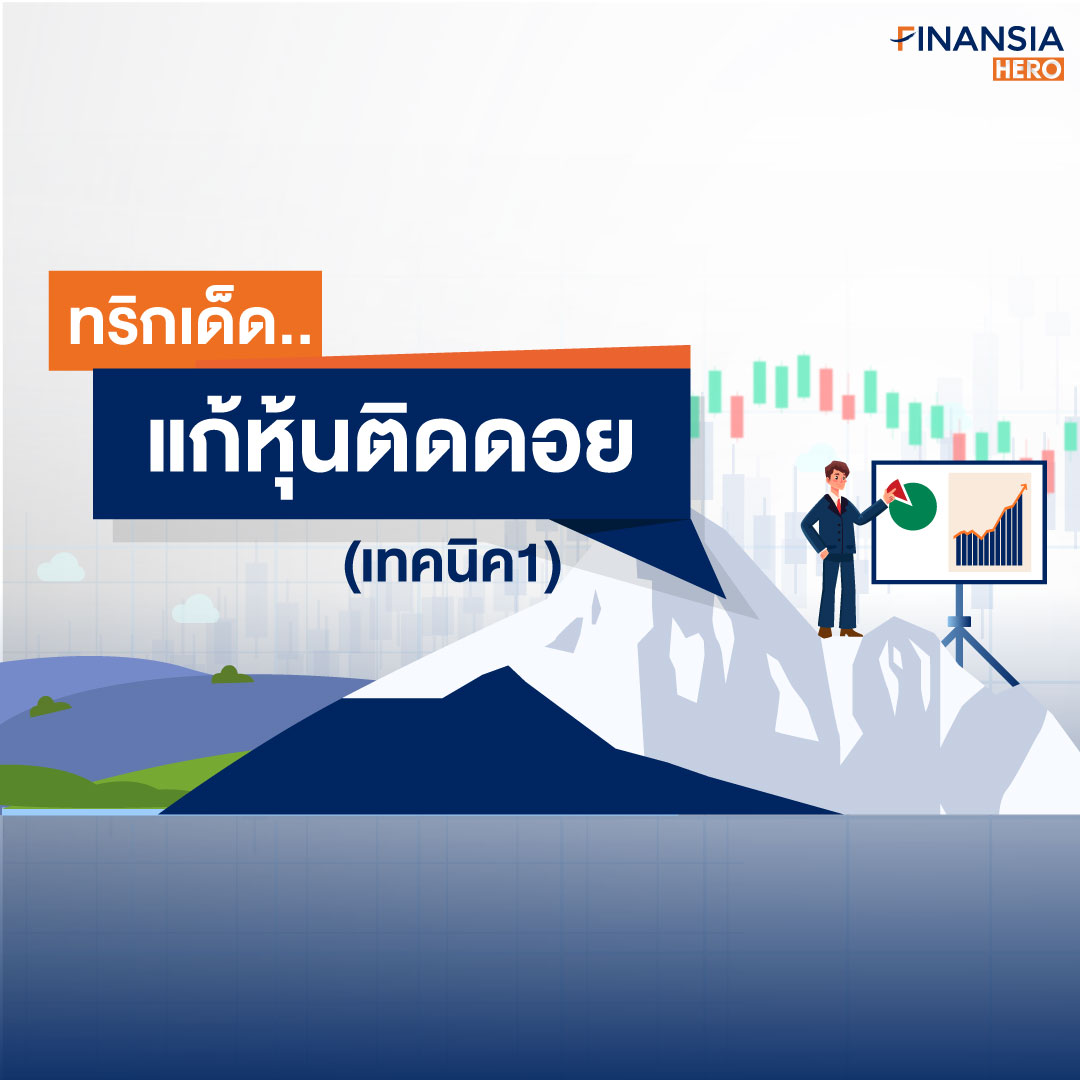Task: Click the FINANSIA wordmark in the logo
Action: [x=977, y=39]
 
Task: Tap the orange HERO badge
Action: [x=1028, y=70]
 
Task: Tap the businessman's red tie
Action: [x=838, y=505]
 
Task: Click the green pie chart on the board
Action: [x=913, y=507]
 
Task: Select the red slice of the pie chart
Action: [x=894, y=491]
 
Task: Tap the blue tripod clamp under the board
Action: [x=959, y=623]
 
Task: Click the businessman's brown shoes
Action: [x=840, y=632]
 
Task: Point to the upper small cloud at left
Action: [x=61, y=568]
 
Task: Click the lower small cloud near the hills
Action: [x=196, y=610]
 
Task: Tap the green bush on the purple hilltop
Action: [x=232, y=675]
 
